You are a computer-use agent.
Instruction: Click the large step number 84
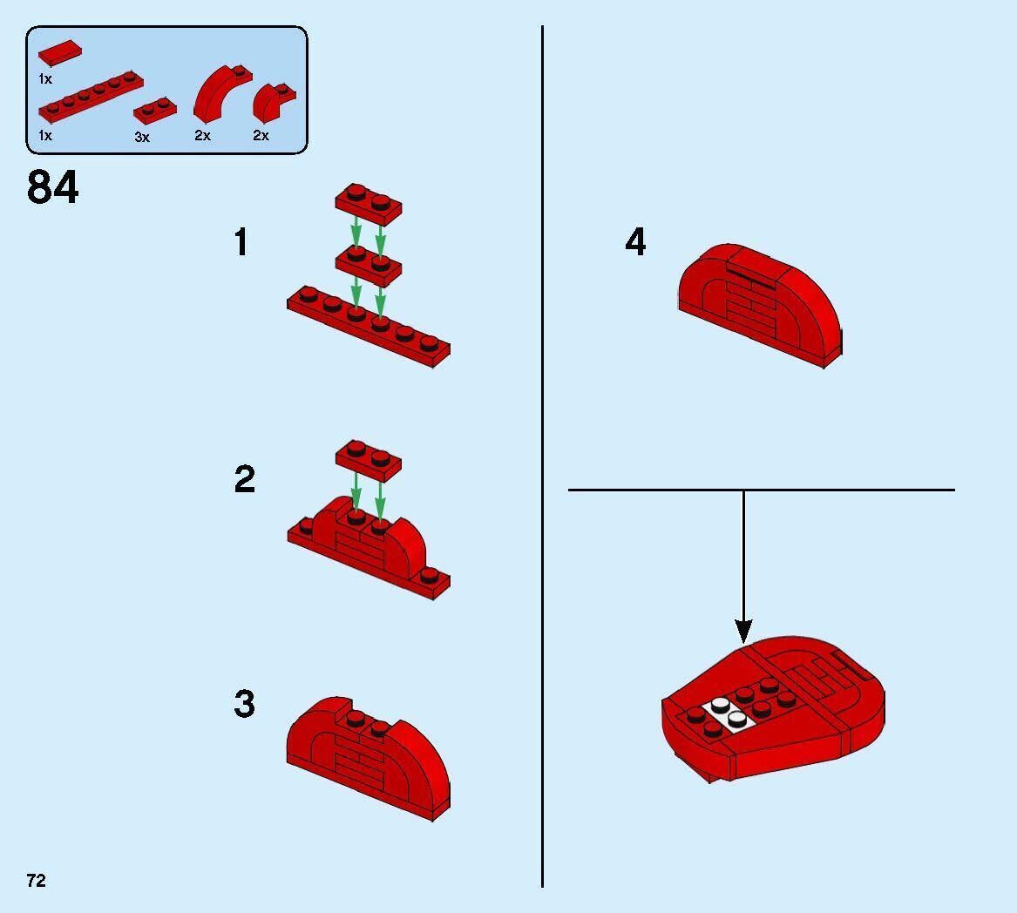click(x=52, y=186)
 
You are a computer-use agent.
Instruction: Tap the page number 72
click(x=37, y=880)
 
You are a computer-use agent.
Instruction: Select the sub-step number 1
click(x=241, y=242)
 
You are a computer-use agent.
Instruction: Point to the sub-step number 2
click(x=245, y=479)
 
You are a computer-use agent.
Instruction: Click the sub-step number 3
click(x=245, y=704)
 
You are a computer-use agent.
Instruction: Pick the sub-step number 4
click(x=635, y=242)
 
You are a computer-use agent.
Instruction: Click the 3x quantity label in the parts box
click(x=142, y=137)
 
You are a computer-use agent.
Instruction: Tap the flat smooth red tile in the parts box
click(x=59, y=52)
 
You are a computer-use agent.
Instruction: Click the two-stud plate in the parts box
click(x=155, y=110)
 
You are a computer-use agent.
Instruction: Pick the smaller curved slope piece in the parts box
click(x=273, y=104)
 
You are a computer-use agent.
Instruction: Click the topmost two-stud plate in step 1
click(x=369, y=203)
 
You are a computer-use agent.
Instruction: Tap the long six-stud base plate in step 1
click(x=369, y=327)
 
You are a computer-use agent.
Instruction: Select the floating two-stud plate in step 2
click(x=369, y=460)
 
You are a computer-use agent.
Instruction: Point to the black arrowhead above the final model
click(x=743, y=631)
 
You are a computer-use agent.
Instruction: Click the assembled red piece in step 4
click(x=760, y=305)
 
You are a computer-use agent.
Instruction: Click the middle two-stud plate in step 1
click(x=369, y=265)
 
